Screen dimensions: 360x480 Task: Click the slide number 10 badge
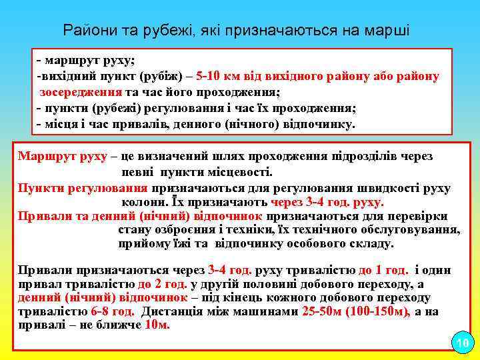461,343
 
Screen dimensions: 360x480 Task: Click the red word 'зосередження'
80,92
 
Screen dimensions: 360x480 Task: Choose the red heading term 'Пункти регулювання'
83,188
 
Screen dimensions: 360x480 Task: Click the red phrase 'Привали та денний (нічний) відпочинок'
141,216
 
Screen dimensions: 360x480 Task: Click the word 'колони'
140,203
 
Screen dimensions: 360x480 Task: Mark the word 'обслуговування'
413,230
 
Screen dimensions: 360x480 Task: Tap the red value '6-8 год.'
113,311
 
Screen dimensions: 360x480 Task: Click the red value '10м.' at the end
157,325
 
